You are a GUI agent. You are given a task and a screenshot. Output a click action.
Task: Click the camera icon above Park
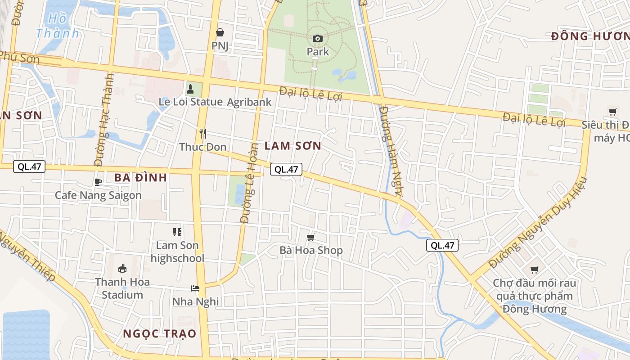click(318, 38)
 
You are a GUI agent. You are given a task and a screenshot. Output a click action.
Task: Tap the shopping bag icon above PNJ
click(220, 32)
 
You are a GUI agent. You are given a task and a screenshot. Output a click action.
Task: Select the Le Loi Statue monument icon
click(190, 89)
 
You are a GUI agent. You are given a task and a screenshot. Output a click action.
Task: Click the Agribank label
click(249, 102)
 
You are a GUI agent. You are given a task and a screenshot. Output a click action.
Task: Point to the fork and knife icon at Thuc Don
click(203, 134)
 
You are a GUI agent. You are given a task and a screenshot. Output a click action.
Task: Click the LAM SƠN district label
click(293, 146)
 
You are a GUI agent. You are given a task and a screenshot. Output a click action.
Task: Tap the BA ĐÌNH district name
click(140, 178)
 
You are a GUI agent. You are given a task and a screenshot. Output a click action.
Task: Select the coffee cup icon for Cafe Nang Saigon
click(98, 182)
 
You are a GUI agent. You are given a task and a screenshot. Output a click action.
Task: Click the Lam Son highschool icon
click(177, 232)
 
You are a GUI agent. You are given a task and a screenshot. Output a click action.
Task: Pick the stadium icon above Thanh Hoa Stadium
click(122, 269)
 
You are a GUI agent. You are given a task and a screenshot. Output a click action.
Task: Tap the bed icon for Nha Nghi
click(195, 288)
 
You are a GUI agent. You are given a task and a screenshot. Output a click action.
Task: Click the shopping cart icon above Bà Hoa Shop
click(310, 237)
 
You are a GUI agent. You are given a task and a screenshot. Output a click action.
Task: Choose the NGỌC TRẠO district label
click(160, 334)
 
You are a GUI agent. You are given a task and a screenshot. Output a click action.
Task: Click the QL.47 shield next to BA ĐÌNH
click(29, 166)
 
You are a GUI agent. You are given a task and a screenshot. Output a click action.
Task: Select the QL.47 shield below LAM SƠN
click(286, 169)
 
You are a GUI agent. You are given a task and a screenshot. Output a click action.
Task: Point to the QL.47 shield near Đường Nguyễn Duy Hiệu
click(442, 245)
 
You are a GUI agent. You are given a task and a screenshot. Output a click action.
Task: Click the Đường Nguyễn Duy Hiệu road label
click(538, 223)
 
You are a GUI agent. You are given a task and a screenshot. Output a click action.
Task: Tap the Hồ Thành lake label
click(58, 26)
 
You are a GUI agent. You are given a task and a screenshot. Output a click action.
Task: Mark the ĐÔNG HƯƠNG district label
click(590, 36)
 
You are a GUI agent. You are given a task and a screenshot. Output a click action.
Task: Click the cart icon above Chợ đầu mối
click(534, 270)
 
